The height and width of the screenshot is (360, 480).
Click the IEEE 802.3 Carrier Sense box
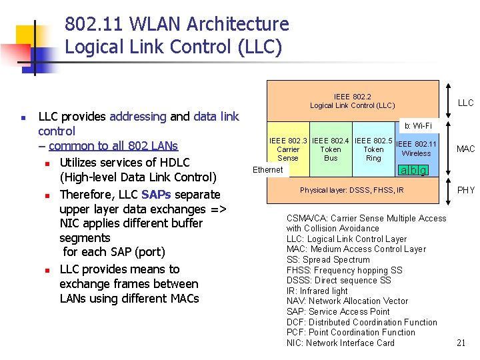tap(288, 149)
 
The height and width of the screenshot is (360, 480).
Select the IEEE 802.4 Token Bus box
tap(331, 149)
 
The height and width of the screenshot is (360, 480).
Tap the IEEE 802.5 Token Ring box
tap(373, 149)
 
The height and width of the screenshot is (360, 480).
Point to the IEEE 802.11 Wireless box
tap(416, 149)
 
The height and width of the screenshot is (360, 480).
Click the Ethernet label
tap(268, 170)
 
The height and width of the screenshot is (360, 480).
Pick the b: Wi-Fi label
tap(418, 126)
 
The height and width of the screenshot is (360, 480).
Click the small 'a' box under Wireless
tap(403, 171)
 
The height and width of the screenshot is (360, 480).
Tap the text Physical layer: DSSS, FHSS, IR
tap(351, 191)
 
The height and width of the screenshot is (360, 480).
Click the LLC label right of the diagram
tap(465, 103)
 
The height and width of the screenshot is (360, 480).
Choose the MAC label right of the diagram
tap(465, 149)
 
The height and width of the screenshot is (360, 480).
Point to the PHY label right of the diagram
tap(465, 191)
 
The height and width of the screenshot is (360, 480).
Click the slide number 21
tap(461, 343)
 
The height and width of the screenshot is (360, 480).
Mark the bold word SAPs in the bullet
tap(156, 195)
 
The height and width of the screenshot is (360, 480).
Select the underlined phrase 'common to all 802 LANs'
tap(113, 146)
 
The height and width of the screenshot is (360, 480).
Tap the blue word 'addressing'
tap(137, 117)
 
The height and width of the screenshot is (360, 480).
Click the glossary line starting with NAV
tap(347, 301)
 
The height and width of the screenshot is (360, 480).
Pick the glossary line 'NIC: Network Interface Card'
tap(340, 343)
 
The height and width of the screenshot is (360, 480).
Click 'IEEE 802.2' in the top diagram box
tap(352, 97)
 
